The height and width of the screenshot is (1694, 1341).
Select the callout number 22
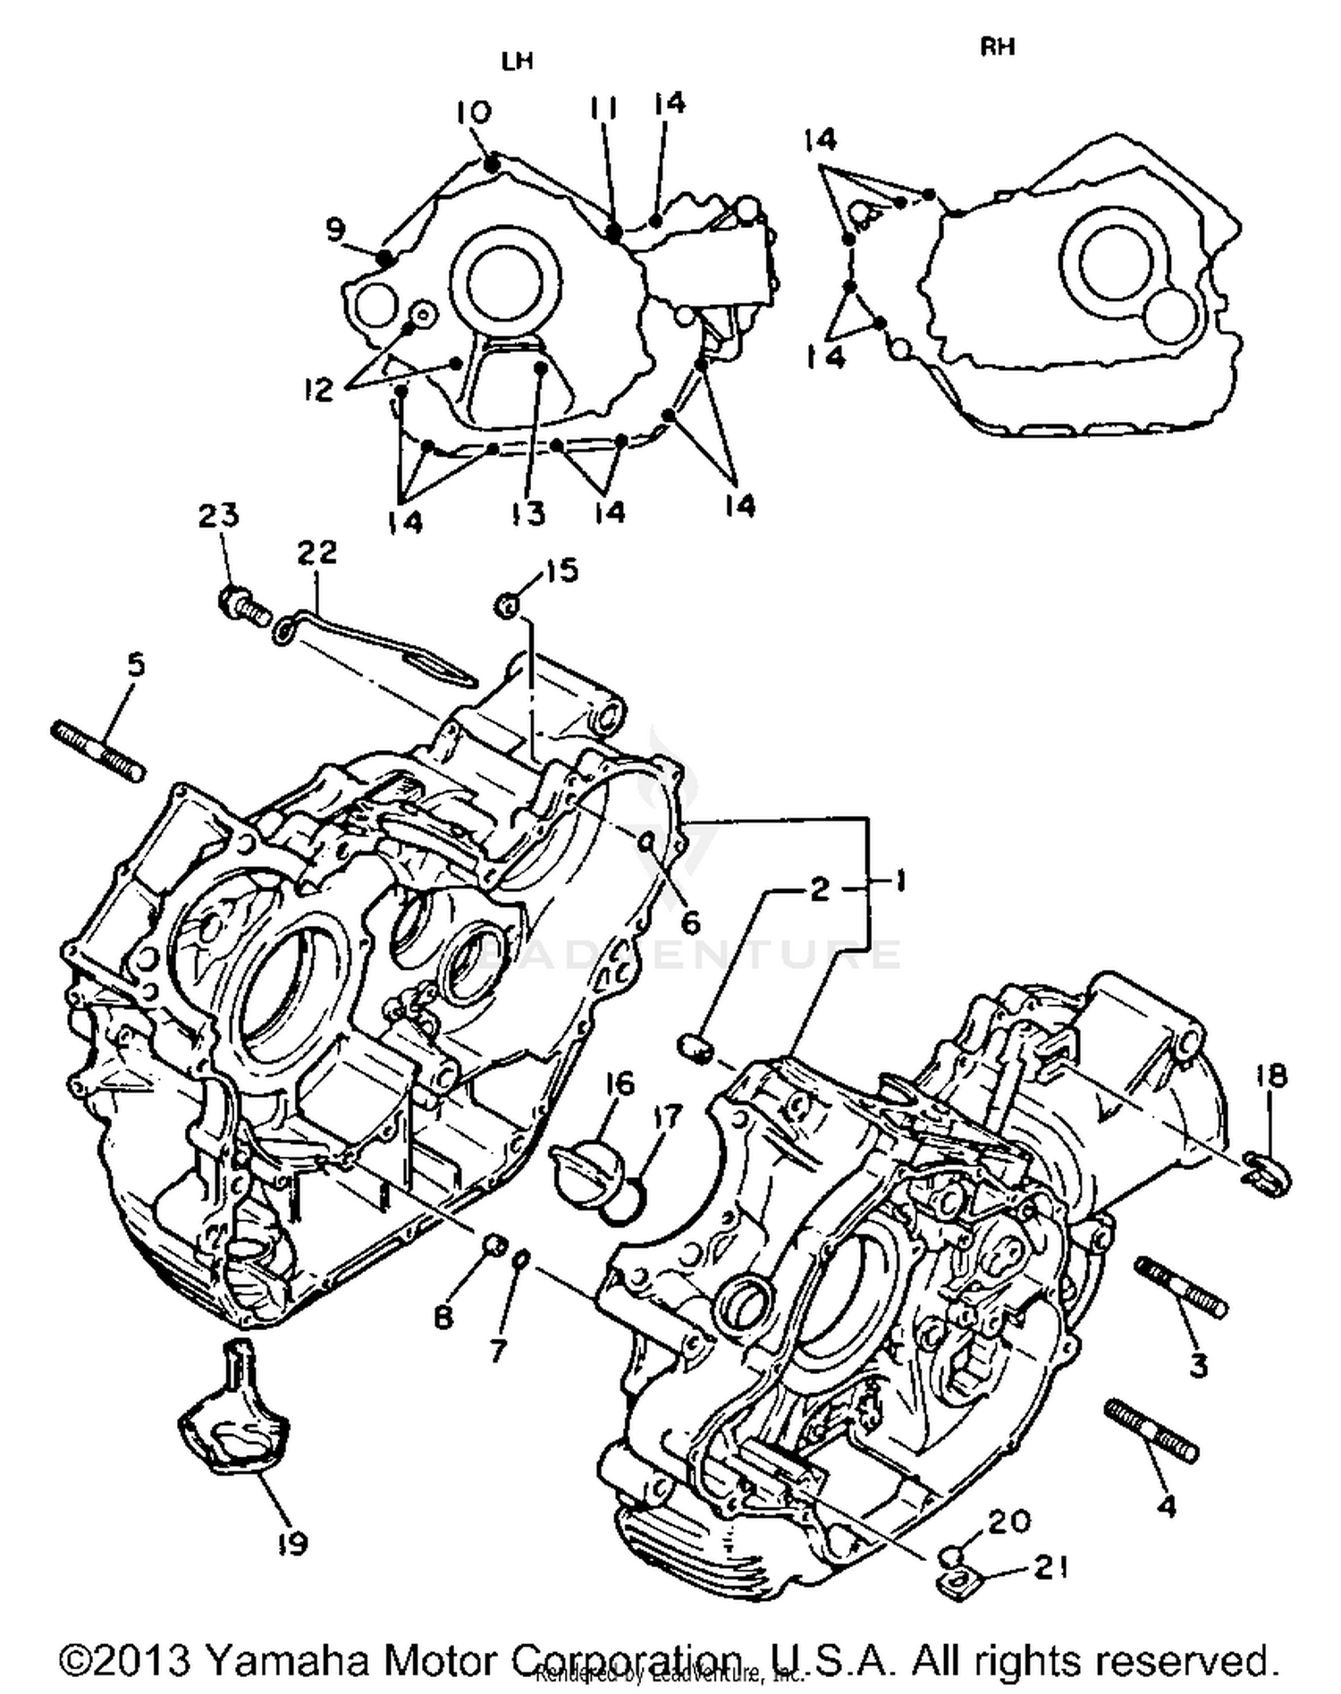317,552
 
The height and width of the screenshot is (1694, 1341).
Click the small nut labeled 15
507,605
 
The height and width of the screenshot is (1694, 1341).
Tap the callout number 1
897,882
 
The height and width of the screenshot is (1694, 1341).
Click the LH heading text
517,62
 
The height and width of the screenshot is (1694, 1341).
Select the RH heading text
998,46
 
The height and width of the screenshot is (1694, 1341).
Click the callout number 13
528,514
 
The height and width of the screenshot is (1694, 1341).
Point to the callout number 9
334,231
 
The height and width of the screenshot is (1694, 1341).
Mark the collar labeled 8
493,1244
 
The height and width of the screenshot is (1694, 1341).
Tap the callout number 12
317,390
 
